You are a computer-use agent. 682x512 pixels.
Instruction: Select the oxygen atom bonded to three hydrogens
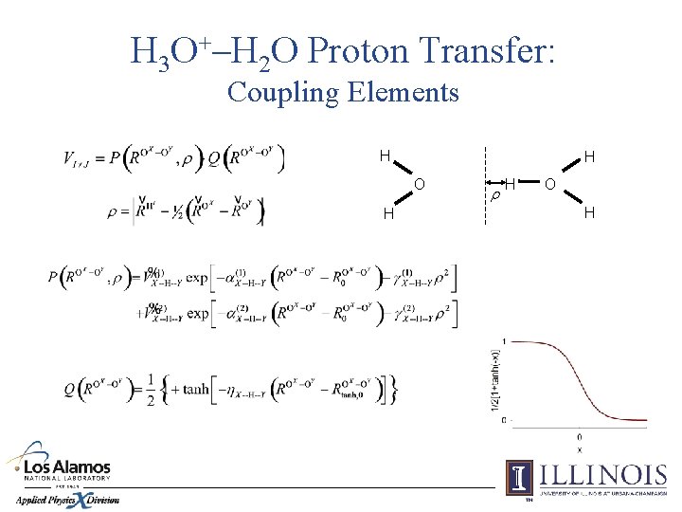pos(550,183)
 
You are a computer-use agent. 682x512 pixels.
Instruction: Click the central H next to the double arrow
pos(510,182)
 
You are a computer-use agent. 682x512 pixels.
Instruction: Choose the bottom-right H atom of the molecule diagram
pos(589,212)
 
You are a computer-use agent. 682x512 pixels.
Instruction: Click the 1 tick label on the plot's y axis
pos(503,341)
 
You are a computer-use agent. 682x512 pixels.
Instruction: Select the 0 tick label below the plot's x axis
pos(579,435)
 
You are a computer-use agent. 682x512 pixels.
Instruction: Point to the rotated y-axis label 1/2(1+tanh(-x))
pos(494,379)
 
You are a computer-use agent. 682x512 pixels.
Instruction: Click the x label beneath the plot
pos(579,448)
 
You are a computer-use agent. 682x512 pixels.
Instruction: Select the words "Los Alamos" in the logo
pos(65,467)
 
